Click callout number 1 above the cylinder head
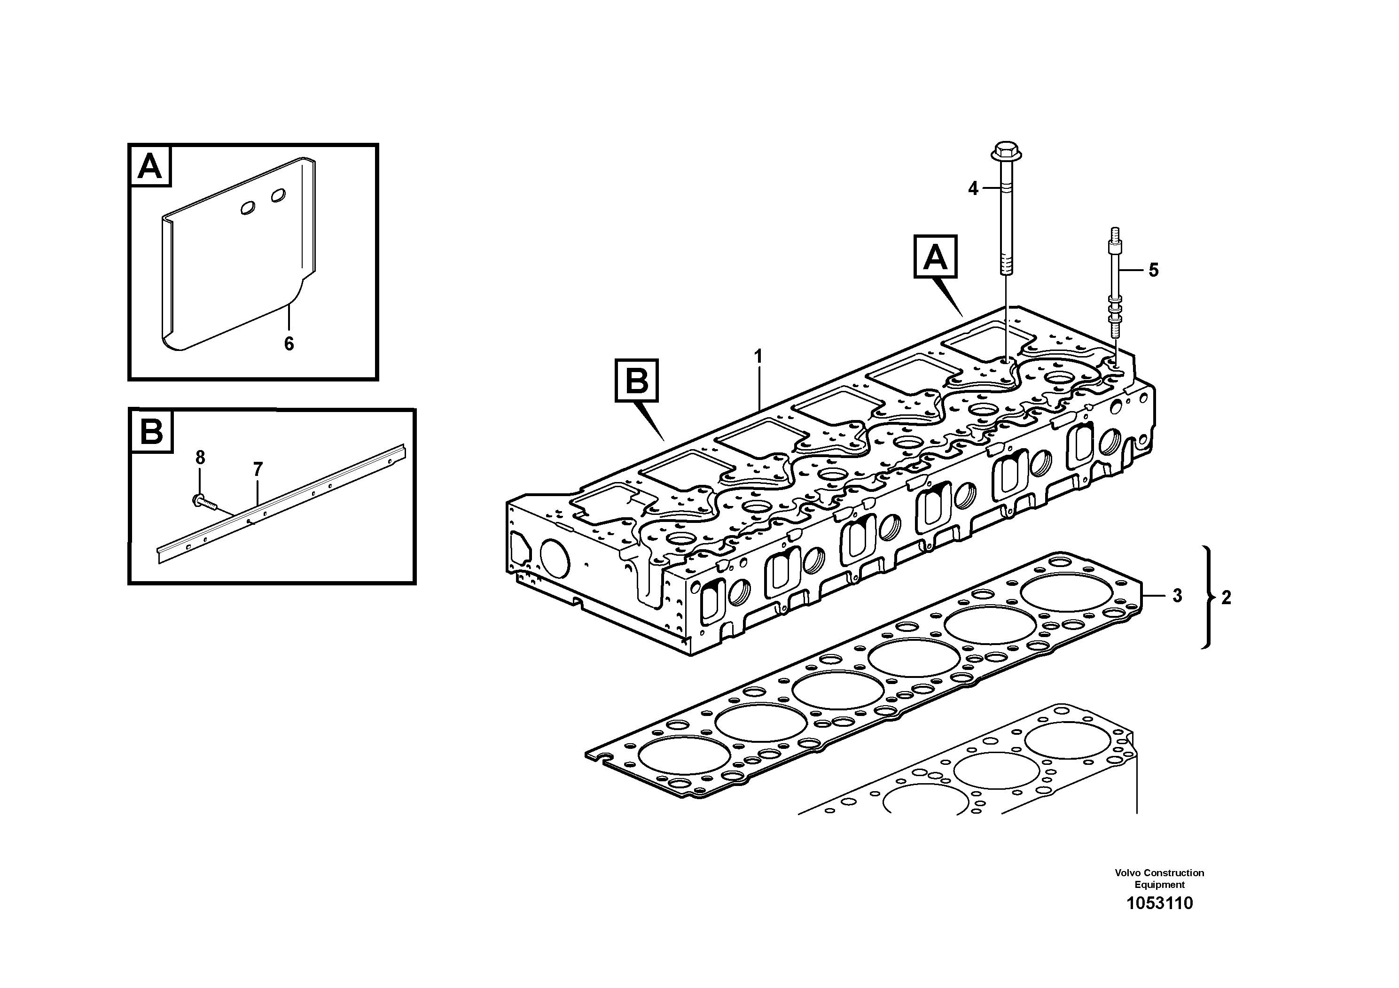(x=758, y=356)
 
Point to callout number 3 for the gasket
(x=1177, y=596)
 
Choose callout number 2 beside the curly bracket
(x=1227, y=598)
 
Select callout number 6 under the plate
(x=289, y=344)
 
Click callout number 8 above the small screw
(x=201, y=458)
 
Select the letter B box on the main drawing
(x=637, y=381)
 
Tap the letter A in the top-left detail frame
(x=150, y=166)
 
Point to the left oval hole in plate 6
(x=249, y=208)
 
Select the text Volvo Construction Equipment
(x=1159, y=879)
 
